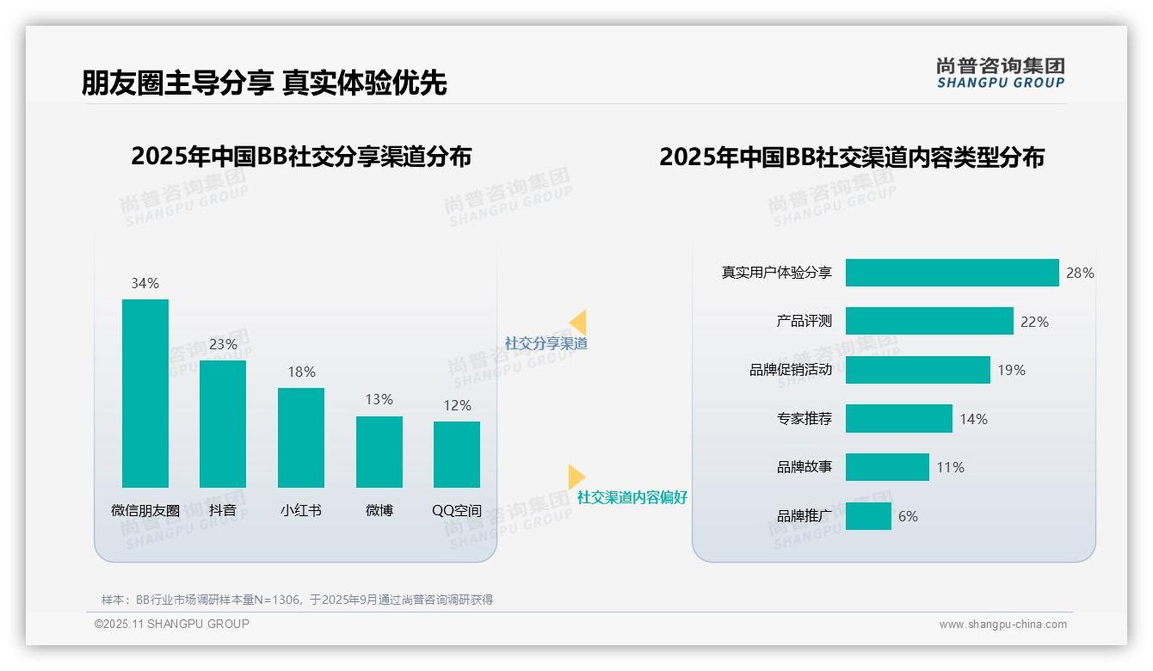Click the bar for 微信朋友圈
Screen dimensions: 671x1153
coord(145,393)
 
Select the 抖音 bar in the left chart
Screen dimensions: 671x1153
coord(223,423)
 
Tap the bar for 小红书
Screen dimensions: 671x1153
coord(301,437)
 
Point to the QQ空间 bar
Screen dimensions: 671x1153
coord(457,454)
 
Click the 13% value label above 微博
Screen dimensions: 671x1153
coord(379,399)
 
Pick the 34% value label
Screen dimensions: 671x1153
coord(145,283)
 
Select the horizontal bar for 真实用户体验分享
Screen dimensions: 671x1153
coord(952,273)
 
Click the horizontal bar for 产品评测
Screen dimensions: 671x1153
coord(929,321)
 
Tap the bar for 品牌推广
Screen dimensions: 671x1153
coord(868,516)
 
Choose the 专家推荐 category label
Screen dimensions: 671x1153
coord(804,419)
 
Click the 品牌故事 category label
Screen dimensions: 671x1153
coord(804,467)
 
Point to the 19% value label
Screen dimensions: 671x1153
coord(1011,370)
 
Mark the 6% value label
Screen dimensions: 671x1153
coord(908,516)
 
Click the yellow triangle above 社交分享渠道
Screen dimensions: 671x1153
coord(578,323)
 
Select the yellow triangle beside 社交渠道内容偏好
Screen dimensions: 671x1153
coord(576,476)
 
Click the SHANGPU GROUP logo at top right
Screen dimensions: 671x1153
coord(1000,73)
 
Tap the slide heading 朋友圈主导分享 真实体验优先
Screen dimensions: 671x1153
coord(264,83)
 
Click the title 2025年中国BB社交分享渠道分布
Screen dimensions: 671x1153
coord(301,157)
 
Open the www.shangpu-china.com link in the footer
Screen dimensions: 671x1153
coord(1002,625)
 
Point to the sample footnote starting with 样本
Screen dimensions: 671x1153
coord(297,600)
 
